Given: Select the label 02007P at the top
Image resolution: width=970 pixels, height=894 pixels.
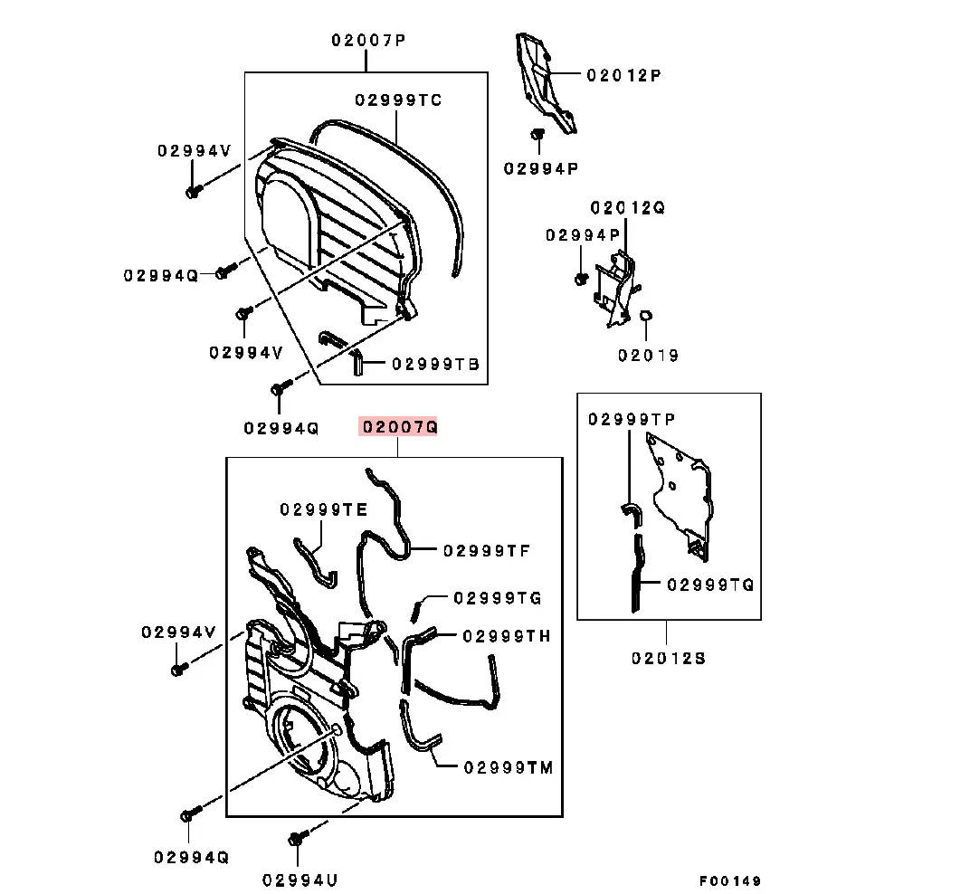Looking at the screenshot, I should (x=366, y=41).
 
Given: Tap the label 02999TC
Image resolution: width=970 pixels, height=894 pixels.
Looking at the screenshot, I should (x=398, y=100).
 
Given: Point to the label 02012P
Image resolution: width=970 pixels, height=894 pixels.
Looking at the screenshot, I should (x=623, y=76).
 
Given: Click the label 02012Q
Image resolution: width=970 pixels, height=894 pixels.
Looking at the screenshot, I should (x=628, y=208).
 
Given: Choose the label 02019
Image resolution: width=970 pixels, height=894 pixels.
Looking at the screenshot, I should (x=648, y=356).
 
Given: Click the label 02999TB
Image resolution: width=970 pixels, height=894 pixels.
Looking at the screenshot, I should (x=435, y=365).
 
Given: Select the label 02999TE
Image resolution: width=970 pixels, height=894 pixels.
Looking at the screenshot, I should (x=324, y=510).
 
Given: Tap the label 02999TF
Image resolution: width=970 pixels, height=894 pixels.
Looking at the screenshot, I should (x=486, y=550).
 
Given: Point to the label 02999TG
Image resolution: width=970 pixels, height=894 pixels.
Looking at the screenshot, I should (x=497, y=598).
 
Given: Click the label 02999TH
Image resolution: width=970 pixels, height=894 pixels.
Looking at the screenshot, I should (x=506, y=636).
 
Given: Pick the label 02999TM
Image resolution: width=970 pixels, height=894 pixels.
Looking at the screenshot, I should (x=508, y=767).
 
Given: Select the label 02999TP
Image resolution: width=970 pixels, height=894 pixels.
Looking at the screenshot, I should (x=632, y=420).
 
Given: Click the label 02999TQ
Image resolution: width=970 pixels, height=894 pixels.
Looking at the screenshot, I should (x=710, y=585).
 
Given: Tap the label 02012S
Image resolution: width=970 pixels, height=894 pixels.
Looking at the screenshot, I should (x=669, y=658).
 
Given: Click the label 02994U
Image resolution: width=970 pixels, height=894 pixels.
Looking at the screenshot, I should (x=300, y=879).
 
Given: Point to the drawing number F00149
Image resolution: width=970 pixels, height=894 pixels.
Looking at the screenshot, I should (x=730, y=880).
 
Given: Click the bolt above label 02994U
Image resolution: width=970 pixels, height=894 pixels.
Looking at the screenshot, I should (x=296, y=838).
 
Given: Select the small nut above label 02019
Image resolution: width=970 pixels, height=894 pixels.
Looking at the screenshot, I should (x=647, y=316).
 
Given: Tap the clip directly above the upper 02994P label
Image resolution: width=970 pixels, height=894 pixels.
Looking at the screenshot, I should (x=536, y=137).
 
